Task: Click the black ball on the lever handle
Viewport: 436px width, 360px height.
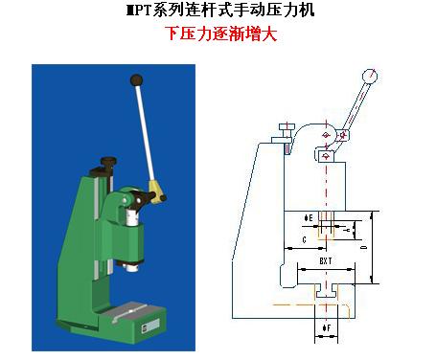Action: (137, 79)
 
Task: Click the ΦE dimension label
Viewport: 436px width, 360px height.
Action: (308, 216)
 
